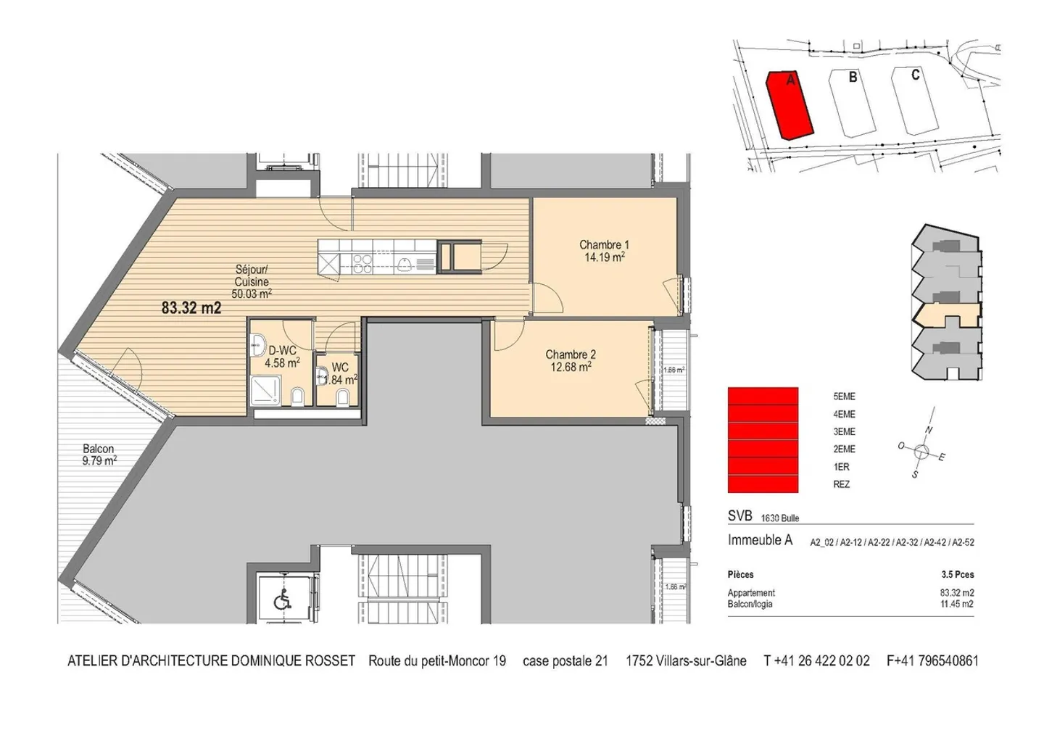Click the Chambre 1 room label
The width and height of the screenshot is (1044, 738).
click(x=603, y=245)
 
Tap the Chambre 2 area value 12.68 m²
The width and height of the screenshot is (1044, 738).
click(x=571, y=367)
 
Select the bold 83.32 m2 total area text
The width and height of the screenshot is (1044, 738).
click(x=191, y=308)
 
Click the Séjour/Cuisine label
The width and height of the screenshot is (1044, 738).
click(x=252, y=275)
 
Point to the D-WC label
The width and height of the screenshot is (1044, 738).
click(x=282, y=351)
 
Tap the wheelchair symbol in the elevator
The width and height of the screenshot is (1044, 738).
click(x=282, y=601)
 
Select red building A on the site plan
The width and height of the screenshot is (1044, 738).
click(x=790, y=105)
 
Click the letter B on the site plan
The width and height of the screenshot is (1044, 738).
click(x=853, y=77)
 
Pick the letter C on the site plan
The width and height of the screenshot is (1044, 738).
click(x=915, y=75)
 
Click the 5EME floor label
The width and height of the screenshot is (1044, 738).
click(x=844, y=397)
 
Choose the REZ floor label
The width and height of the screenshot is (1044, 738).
click(x=841, y=484)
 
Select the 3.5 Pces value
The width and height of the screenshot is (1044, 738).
click(x=957, y=575)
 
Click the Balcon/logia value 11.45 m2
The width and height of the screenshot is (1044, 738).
click(x=956, y=604)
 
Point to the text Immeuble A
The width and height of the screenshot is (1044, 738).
click(x=760, y=540)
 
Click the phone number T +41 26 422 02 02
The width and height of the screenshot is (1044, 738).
click(x=816, y=661)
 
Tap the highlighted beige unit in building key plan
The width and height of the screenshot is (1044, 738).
click(x=946, y=314)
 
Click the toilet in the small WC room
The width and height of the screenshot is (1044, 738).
click(x=344, y=397)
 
